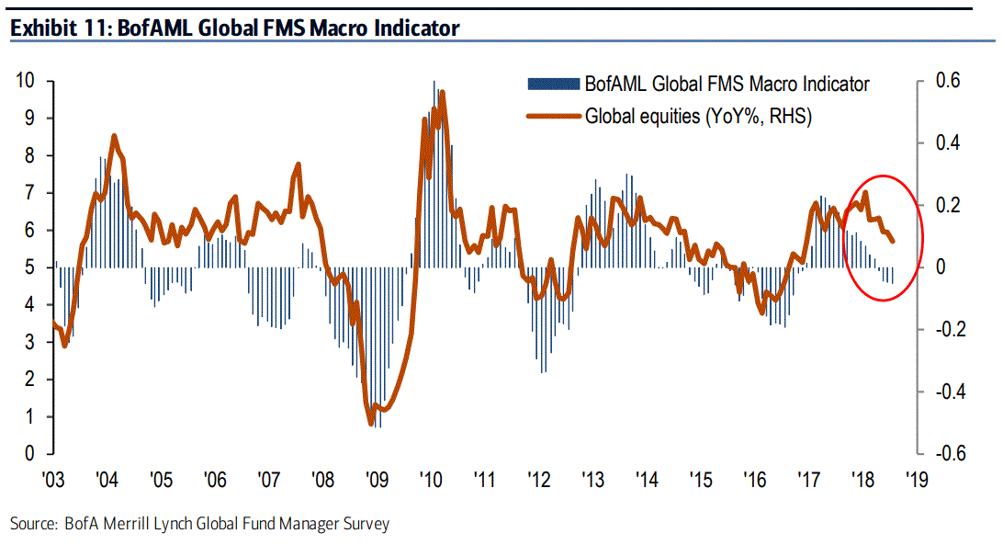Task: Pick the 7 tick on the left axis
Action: (30, 193)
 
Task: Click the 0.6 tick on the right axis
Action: (949, 81)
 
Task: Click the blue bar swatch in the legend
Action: (553, 85)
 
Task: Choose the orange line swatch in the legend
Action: (553, 117)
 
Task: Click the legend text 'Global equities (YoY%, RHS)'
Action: (698, 117)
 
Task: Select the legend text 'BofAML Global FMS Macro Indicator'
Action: (727, 85)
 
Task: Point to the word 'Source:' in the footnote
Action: (34, 524)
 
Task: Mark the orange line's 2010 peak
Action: (442, 92)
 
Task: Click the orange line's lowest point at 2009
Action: (372, 424)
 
